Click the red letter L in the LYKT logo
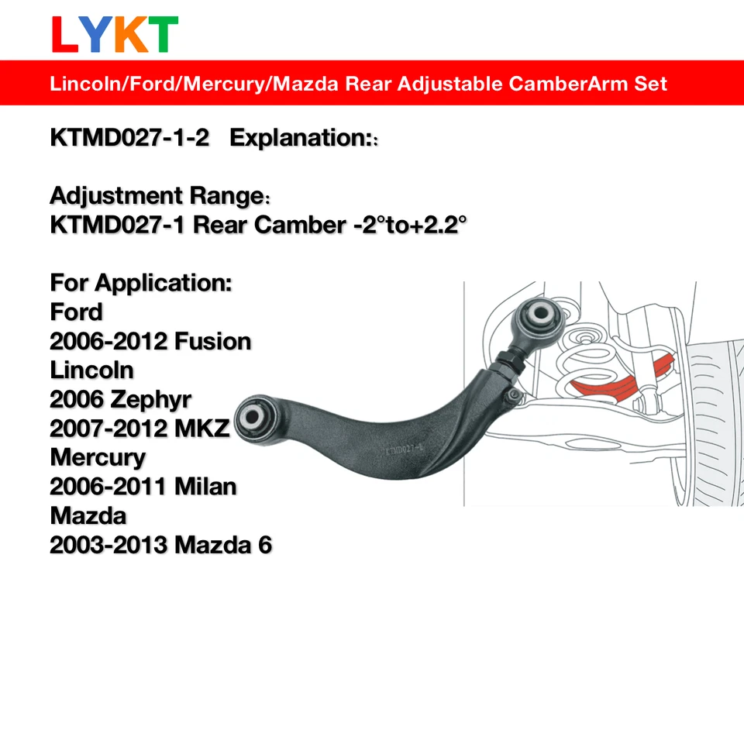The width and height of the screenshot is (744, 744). pyautogui.click(x=65, y=35)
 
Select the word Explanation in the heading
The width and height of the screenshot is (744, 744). pyautogui.click(x=299, y=138)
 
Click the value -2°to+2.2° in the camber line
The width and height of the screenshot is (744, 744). pyautogui.click(x=407, y=226)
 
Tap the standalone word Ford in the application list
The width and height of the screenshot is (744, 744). pyautogui.click(x=76, y=312)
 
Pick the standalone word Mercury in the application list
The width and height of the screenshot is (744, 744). pyautogui.click(x=98, y=457)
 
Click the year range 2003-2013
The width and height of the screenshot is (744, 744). pyautogui.click(x=108, y=545)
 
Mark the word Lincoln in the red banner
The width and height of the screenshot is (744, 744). pyautogui.click(x=81, y=83)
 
